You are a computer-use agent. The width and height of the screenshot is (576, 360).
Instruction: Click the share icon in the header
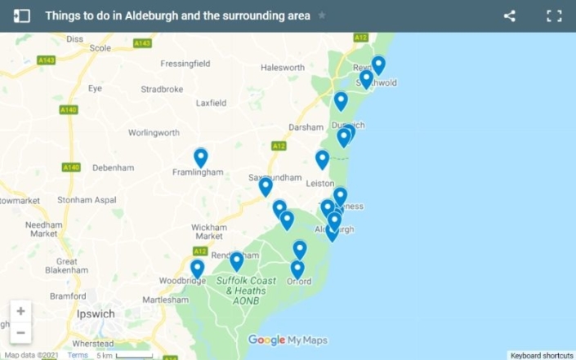coord(510,16)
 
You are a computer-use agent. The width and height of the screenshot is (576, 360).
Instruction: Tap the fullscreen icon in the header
coord(554,16)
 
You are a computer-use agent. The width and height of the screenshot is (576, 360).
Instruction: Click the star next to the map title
coord(322,16)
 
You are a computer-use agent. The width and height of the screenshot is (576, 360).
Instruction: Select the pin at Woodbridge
coord(197,269)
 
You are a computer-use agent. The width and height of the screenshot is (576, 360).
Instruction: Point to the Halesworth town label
coord(282,68)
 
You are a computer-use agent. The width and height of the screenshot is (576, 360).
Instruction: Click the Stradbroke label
coord(161,89)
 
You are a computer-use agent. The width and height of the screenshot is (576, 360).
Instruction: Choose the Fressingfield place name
coord(185,63)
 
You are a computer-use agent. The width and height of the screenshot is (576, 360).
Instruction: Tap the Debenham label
coord(113,167)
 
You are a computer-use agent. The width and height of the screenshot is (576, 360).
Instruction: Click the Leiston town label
coord(319,184)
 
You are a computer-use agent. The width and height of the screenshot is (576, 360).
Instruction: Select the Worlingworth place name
coord(154,132)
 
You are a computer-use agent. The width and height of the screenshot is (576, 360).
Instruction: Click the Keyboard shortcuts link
coord(542,355)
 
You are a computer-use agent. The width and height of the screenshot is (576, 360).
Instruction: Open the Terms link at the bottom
coord(78,355)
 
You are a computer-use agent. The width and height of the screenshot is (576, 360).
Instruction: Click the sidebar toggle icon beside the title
coord(22,16)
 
